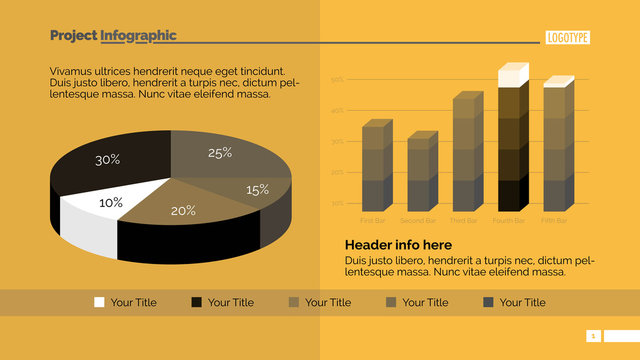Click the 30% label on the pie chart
108,160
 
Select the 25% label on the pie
220,153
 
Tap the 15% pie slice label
257,190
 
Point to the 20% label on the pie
183,211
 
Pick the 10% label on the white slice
110,203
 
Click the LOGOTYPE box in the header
568,38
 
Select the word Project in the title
73,36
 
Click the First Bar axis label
372,220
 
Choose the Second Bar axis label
418,220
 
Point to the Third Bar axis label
465,220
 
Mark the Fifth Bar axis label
555,220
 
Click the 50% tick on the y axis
337,79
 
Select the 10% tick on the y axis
337,203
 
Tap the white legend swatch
99,302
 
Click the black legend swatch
196,302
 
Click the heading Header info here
398,245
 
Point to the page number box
593,336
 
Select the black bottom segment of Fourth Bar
510,194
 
